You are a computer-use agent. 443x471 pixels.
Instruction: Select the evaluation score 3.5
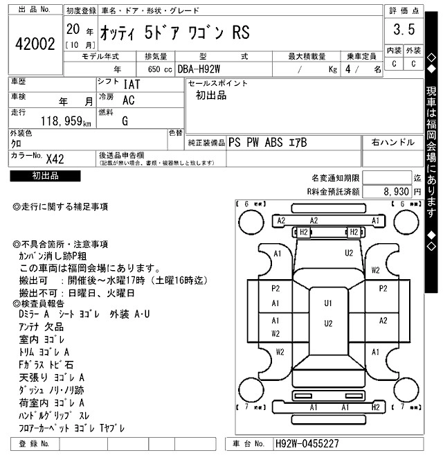click(x=404, y=30)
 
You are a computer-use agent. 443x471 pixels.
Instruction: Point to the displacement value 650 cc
click(x=159, y=69)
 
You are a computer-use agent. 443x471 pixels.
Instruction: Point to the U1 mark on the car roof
click(x=327, y=303)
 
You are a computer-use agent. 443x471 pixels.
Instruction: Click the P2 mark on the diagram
click(x=275, y=288)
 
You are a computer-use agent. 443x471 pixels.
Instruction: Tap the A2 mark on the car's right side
click(x=382, y=321)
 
